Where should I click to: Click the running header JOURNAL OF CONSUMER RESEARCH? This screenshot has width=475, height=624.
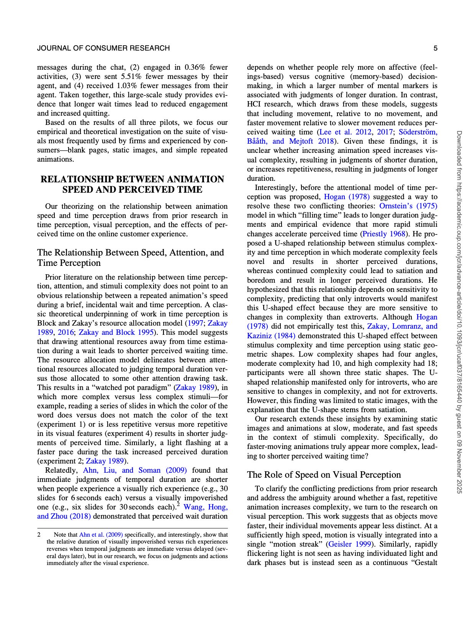[103, 48]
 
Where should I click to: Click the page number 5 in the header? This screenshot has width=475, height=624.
[436, 48]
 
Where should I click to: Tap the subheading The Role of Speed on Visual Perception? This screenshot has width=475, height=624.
[324, 475]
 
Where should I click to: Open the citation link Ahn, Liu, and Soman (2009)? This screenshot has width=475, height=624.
[135, 470]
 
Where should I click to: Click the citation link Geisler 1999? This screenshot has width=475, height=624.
[349, 544]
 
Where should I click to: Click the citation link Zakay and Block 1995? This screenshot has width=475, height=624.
[116, 332]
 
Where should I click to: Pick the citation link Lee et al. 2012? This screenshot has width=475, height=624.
[346, 132]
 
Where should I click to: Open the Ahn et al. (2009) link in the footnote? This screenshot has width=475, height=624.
[101, 535]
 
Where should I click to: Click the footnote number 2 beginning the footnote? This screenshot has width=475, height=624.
[39, 535]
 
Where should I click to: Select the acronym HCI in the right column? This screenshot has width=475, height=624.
[254, 104]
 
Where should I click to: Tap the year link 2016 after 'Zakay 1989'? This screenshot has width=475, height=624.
[65, 332]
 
